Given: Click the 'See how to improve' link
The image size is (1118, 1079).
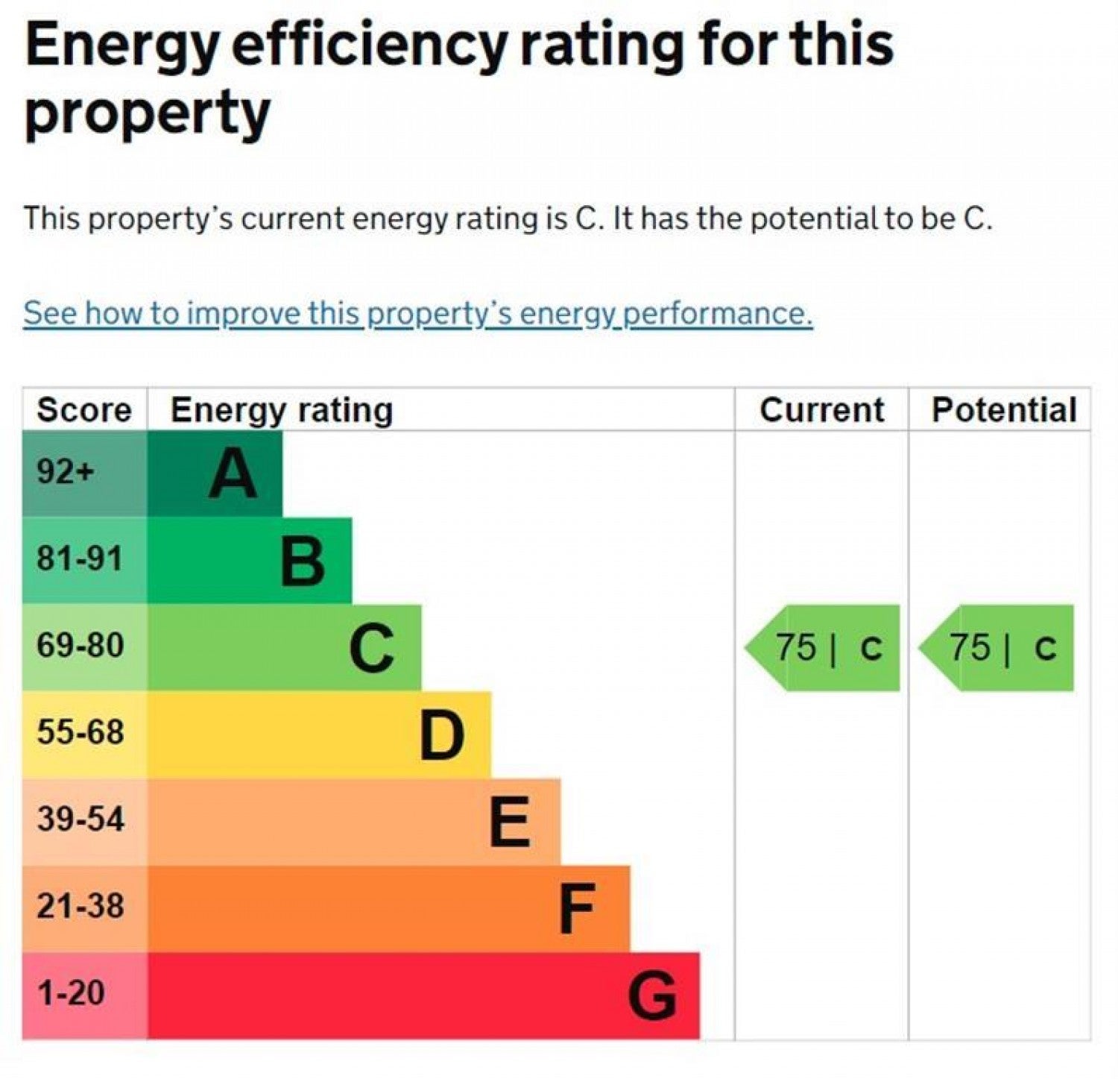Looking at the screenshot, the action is coord(417,314).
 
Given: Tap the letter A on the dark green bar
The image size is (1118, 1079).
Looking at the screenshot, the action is coord(233,474).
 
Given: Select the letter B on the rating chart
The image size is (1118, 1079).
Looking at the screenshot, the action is coord(303,561).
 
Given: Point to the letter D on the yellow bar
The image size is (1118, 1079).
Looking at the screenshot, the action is coord(442,735).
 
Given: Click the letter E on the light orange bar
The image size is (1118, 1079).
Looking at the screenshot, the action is coord(511,822).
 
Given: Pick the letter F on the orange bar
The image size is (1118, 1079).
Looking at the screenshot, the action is coord(578,909).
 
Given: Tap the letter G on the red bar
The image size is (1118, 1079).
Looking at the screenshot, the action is coord(652,996).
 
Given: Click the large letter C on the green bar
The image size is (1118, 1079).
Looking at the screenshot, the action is coord(372,648).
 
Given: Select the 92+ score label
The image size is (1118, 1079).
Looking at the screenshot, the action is coord(66,471).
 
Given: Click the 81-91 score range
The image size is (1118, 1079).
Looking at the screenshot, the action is coord(80,559).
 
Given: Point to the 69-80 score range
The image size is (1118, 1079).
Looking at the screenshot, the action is coord(80,645).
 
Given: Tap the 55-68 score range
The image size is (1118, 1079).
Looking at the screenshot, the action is coord(80,732).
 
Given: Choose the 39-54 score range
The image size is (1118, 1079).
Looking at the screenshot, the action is coord(80,820).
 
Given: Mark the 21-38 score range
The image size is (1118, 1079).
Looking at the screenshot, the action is coord(80,907).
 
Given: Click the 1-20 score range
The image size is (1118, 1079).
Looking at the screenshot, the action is coord(71,993).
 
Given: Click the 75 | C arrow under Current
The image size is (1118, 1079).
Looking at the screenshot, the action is coord(822,648).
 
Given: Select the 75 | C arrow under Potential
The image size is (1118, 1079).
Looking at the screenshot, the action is coord(997,648).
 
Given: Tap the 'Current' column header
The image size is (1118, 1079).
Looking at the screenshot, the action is coord(821,410).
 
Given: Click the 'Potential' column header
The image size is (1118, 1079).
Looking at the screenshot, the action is coord(1004,410).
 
